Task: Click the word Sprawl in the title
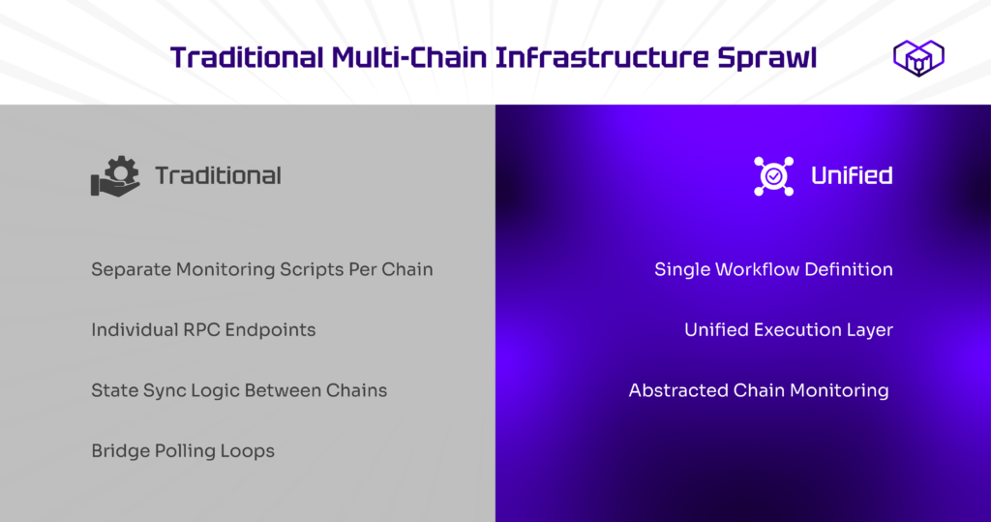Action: tap(766, 58)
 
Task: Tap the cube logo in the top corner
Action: tap(918, 57)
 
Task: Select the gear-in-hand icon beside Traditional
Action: tap(116, 176)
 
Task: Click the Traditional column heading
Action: tap(218, 176)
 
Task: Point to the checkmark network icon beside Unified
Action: tap(773, 176)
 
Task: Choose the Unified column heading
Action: tap(852, 176)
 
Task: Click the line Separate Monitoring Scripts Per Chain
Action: tap(262, 269)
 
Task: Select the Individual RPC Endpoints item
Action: tap(203, 330)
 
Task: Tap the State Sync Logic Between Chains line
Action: tap(239, 390)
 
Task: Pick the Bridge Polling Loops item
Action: tap(183, 451)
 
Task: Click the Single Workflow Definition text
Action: tap(773, 269)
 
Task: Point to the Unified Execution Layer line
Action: tap(789, 330)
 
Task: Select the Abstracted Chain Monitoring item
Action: tap(759, 390)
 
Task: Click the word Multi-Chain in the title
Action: tap(409, 58)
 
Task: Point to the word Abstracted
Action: tap(678, 390)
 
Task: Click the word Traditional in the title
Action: tap(247, 58)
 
